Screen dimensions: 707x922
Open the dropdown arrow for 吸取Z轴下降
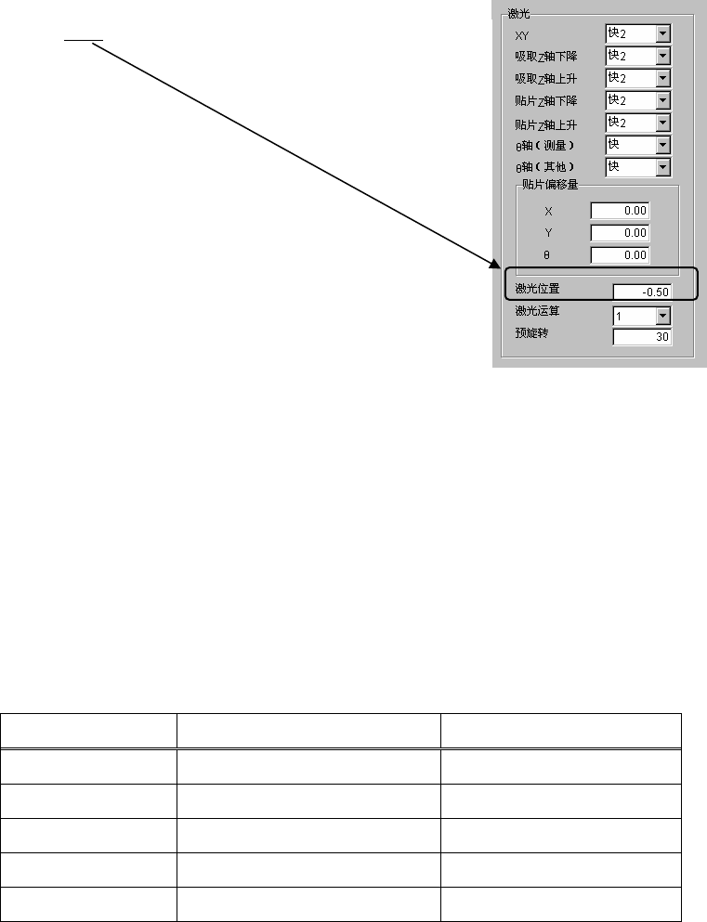click(x=662, y=57)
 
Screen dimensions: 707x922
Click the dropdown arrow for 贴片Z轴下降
click(x=662, y=100)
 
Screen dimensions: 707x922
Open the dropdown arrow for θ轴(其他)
click(x=662, y=168)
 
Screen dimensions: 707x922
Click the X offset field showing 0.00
click(x=620, y=211)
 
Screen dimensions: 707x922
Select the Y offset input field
click(x=620, y=233)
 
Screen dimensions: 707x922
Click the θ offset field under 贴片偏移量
click(x=620, y=255)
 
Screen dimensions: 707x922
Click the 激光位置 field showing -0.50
click(x=641, y=292)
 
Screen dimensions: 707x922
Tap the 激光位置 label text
click(x=537, y=290)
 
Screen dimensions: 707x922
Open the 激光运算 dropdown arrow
click(x=662, y=317)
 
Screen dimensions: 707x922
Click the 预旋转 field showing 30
click(x=641, y=337)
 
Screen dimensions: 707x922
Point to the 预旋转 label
click(x=531, y=332)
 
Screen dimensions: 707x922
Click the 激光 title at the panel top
click(x=518, y=15)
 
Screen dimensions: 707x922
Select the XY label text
click(x=522, y=35)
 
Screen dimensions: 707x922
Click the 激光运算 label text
click(x=537, y=312)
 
